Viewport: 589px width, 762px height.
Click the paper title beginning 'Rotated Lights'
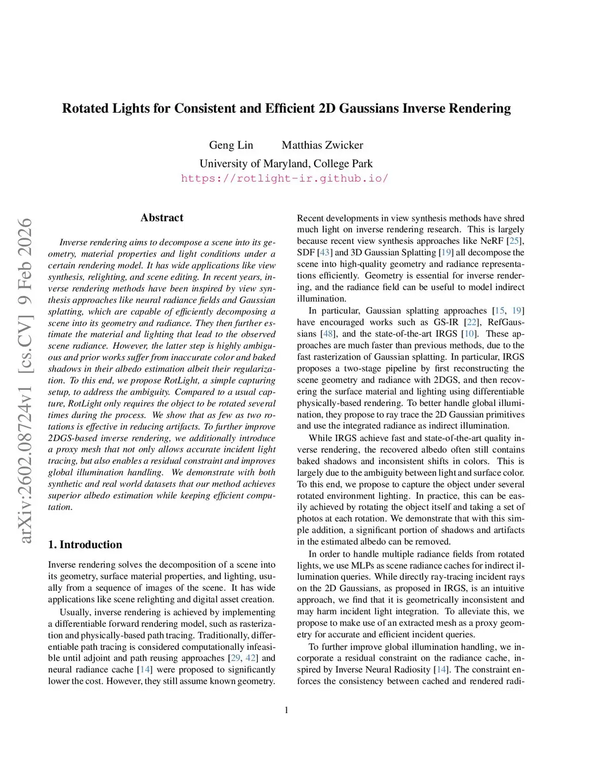click(286, 109)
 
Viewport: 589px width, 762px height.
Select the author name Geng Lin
click(231, 145)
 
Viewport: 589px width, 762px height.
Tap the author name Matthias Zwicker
click(322, 145)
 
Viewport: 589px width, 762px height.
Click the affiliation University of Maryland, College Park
click(286, 163)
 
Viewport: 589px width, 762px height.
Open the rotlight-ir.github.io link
click(285, 178)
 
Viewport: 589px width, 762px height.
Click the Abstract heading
click(162, 217)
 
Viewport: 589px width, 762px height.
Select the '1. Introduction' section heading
click(85, 545)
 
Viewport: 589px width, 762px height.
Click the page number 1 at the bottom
click(286, 710)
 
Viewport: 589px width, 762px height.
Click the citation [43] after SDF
click(324, 252)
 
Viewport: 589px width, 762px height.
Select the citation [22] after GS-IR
click(472, 322)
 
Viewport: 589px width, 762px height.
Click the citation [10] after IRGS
click(469, 334)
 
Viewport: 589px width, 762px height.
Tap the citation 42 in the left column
click(251, 658)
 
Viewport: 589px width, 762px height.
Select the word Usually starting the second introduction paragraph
click(75, 612)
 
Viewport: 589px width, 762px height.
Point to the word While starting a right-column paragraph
click(320, 438)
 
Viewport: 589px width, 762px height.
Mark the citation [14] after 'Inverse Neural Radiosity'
click(441, 669)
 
